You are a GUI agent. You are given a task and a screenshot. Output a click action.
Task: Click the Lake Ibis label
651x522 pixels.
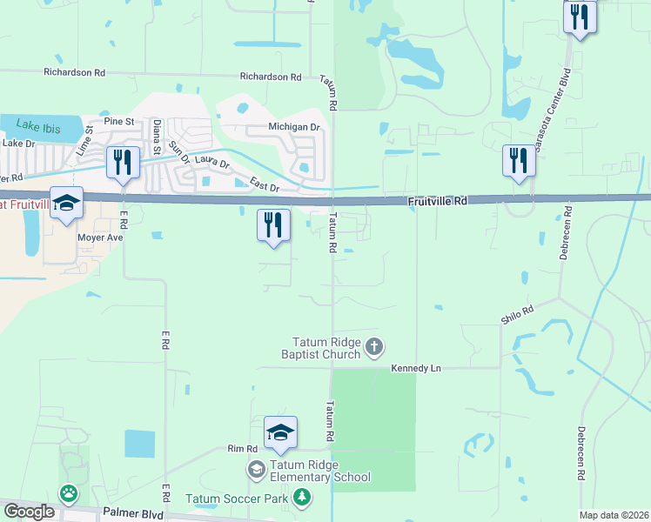tap(37, 128)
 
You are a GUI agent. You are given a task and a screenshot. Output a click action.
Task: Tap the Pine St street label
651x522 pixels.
tap(117, 122)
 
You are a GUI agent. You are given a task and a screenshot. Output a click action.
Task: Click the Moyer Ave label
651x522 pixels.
tap(101, 237)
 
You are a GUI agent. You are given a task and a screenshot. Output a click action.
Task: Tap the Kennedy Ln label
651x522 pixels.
tap(415, 368)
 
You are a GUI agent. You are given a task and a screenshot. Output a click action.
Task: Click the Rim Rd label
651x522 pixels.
tap(243, 449)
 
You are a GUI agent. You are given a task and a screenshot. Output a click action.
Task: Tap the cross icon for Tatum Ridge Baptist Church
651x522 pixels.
tap(374, 348)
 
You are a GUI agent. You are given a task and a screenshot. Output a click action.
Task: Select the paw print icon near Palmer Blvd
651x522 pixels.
tap(68, 493)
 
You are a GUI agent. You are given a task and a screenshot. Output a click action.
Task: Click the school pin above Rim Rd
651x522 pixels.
tap(280, 432)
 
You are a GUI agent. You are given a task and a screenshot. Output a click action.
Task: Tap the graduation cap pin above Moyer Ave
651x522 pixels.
tap(66, 203)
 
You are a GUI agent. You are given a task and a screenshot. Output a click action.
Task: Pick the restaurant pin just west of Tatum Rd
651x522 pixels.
tap(273, 224)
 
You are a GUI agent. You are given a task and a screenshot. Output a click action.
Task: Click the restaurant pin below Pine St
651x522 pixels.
tap(122, 162)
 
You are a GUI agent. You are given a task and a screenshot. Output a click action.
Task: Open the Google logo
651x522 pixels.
tap(29, 512)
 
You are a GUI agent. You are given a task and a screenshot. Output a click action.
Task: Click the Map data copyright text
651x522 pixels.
tap(613, 515)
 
